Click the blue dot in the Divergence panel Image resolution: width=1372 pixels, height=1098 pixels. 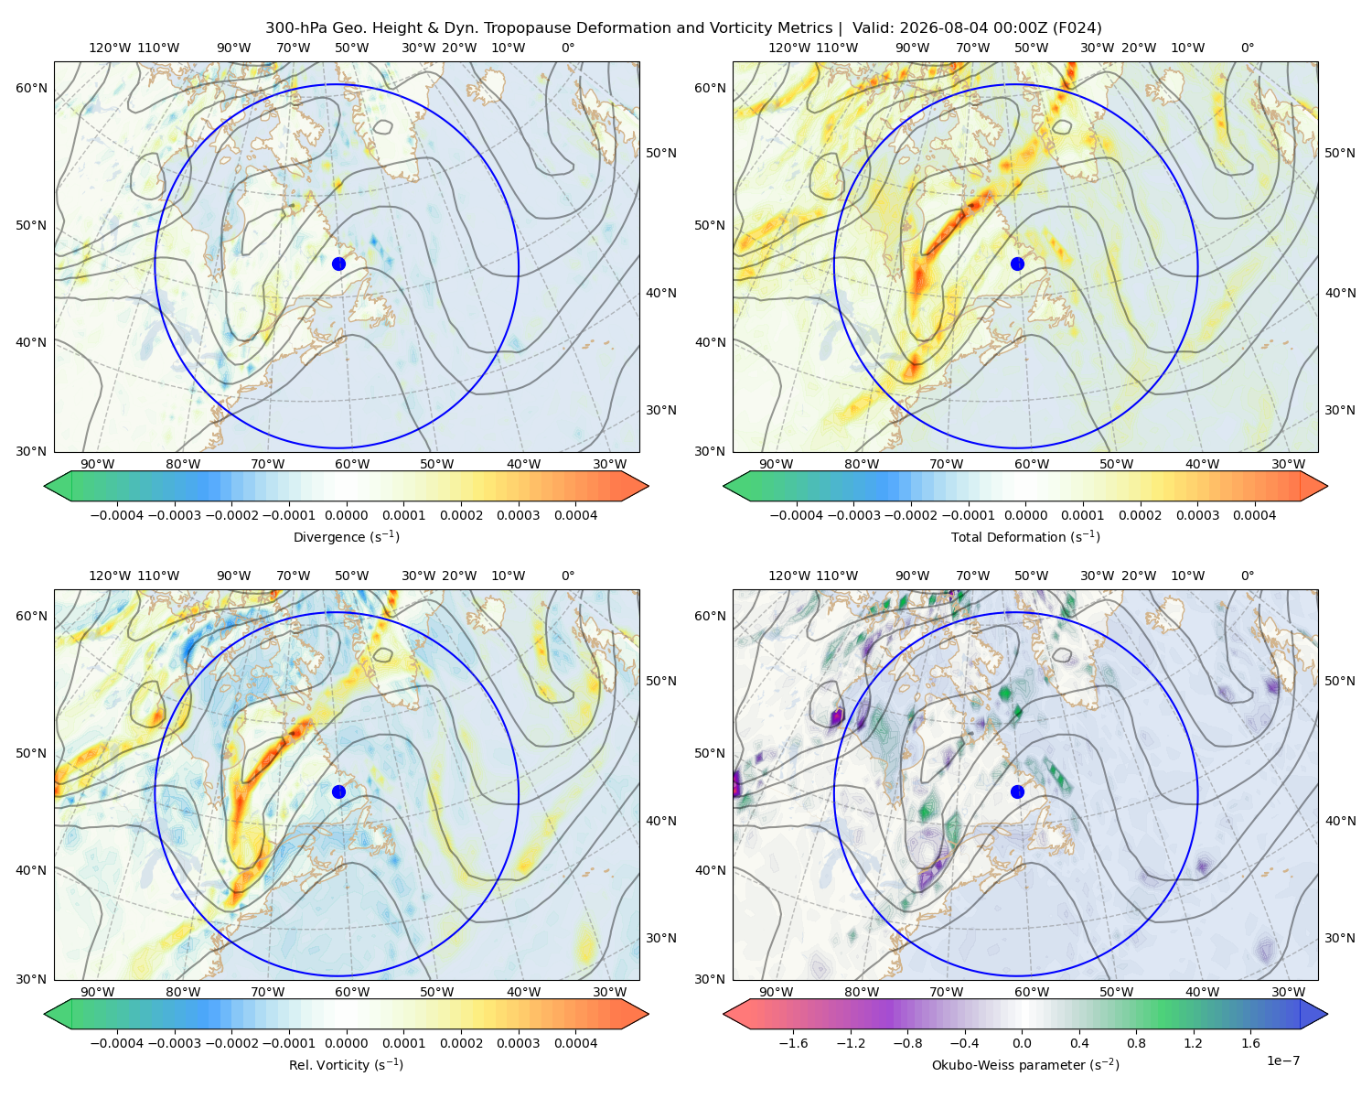tap(338, 264)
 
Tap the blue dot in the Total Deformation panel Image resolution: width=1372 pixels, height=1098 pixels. tap(1017, 264)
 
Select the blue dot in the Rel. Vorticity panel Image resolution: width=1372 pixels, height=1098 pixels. tap(338, 791)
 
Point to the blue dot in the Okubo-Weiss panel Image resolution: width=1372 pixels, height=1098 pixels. tap(1017, 791)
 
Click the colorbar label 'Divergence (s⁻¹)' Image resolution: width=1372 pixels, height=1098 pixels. tap(346, 537)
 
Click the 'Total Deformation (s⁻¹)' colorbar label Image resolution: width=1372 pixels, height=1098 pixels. tap(1025, 537)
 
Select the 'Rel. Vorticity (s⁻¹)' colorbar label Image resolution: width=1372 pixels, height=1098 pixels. tap(346, 1065)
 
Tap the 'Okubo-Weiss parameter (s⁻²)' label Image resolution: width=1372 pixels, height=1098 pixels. tap(1025, 1065)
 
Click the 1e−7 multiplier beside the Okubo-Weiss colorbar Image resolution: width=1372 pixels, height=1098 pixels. tap(1282, 1060)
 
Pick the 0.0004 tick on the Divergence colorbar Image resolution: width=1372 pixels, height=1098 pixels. tap(575, 515)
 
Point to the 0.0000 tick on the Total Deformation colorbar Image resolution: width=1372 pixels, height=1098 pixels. tap(1025, 515)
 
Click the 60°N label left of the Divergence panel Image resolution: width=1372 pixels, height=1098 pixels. tap(31, 88)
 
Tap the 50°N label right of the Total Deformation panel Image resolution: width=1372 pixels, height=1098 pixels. tap(1339, 153)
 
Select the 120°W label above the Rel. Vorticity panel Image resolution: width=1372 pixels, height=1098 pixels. tap(110, 576)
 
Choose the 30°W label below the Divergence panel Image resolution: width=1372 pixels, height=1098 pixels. tap(609, 465)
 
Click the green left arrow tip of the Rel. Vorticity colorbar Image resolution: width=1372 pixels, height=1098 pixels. tap(45, 1014)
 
